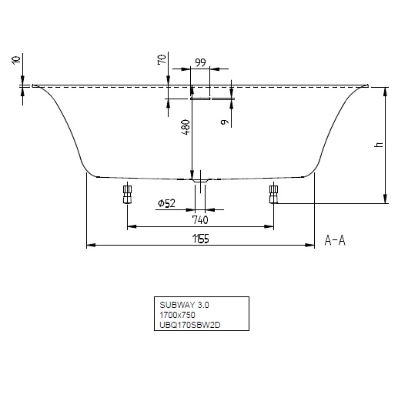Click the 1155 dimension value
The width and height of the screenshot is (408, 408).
pyautogui.click(x=199, y=239)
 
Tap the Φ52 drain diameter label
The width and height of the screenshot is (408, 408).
pyautogui.click(x=167, y=202)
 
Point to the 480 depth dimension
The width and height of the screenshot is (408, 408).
pyautogui.click(x=186, y=127)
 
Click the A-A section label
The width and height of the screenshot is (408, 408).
pyautogui.click(x=335, y=240)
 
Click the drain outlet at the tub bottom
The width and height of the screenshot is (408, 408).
pyautogui.click(x=199, y=181)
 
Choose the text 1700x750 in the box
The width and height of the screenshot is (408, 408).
pyautogui.click(x=177, y=315)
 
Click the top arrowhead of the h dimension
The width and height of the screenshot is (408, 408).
pyautogui.click(x=383, y=90)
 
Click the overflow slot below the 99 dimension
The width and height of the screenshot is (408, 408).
pyautogui.click(x=200, y=99)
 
